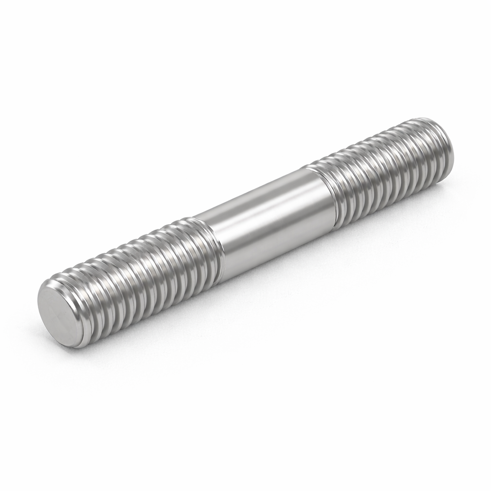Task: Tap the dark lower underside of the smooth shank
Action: click(x=283, y=249)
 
